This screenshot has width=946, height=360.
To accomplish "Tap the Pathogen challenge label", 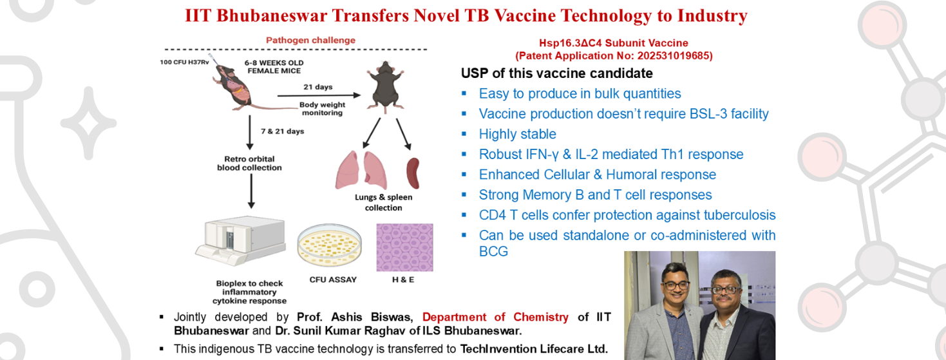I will click(311, 40).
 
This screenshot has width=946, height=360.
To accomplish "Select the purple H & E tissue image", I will click(404, 248).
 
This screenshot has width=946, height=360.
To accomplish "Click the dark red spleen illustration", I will click(413, 170).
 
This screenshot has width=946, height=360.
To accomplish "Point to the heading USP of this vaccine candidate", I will click(556, 73).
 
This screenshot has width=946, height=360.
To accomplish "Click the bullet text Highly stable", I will click(517, 134).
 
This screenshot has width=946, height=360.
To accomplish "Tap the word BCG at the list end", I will click(493, 251).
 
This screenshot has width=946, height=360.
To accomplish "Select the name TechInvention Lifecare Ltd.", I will click(534, 349).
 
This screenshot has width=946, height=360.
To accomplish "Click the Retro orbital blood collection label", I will click(249, 162).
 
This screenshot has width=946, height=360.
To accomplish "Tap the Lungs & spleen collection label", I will click(383, 202).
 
